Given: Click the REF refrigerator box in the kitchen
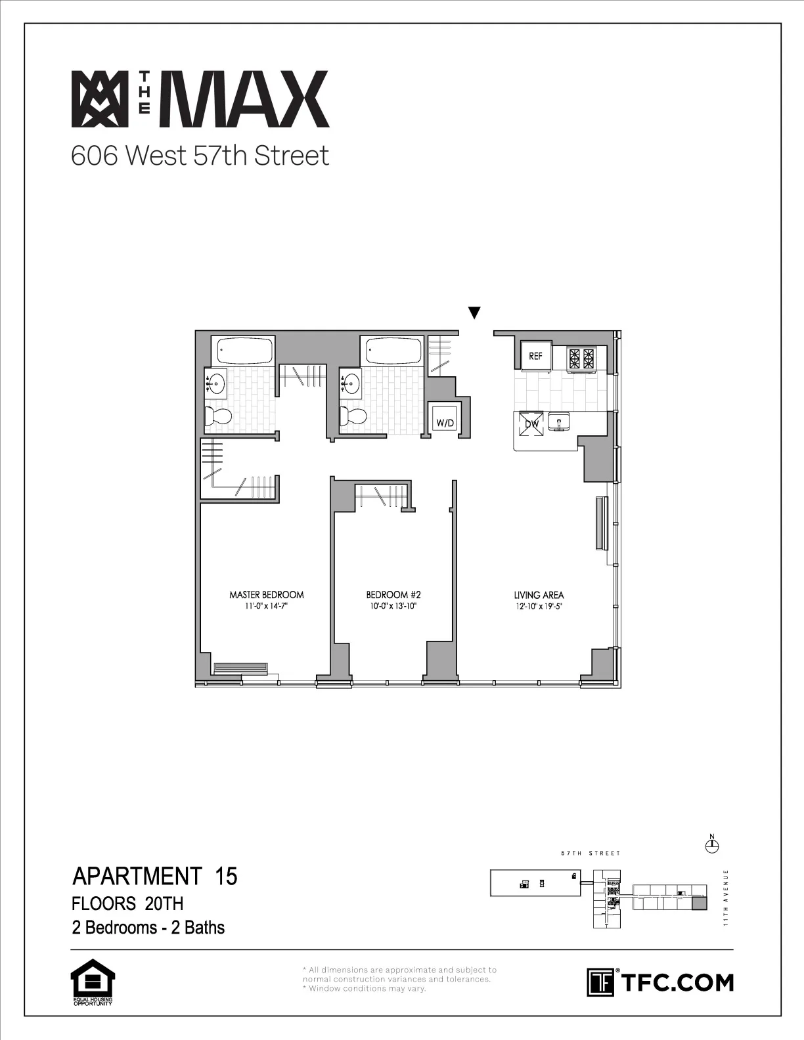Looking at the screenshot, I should [536, 357].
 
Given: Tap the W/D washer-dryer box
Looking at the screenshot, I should [445, 423].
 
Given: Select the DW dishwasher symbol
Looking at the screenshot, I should [531, 423].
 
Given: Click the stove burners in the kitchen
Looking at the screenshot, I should [581, 358].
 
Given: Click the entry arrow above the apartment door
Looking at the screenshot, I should [474, 313].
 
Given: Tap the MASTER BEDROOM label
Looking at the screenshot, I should [266, 595].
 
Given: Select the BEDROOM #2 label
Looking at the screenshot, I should [393, 595].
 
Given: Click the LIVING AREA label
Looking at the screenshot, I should [539, 596].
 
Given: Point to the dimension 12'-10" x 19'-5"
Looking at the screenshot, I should [539, 607].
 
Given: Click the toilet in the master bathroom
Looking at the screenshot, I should [219, 416].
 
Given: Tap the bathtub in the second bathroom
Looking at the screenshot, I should [393, 351].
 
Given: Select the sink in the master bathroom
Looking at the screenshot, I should [217, 381].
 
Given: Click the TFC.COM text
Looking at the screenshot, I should [677, 983].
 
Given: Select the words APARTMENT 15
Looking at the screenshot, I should [154, 877].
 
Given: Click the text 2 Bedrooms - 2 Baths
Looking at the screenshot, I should [148, 928].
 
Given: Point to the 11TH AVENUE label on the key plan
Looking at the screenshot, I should [726, 897].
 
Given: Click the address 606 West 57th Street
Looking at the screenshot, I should [200, 156].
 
